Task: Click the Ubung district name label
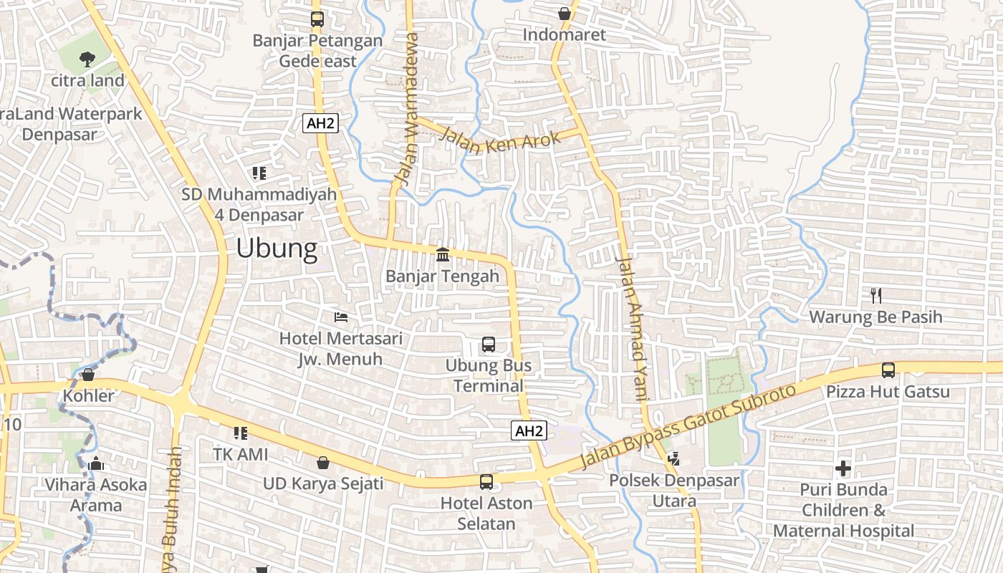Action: [277, 249]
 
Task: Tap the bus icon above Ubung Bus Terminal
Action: [489, 345]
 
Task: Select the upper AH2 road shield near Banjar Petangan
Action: [320, 123]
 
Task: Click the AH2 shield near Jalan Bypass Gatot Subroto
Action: [529, 430]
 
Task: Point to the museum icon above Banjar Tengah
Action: [443, 254]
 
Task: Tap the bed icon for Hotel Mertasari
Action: [341, 317]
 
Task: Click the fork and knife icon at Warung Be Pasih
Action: [875, 294]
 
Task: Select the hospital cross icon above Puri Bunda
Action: [843, 468]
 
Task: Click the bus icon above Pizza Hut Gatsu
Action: [888, 370]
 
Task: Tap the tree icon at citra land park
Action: [87, 59]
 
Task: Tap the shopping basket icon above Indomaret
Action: [565, 13]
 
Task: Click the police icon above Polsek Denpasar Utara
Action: [673, 458]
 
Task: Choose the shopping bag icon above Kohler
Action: [88, 375]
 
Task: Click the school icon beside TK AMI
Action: [241, 433]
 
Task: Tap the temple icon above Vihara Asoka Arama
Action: [96, 463]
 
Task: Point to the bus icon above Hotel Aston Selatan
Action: [486, 481]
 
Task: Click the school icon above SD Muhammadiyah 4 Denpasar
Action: [259, 173]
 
